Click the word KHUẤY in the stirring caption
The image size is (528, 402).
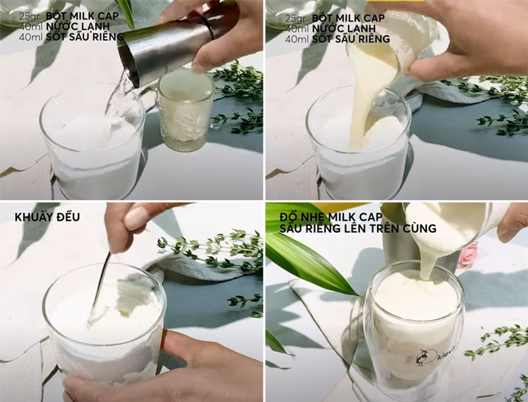pyautogui.click(x=37, y=217)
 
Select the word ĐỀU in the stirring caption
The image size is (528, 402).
pyautogui.click(x=70, y=217)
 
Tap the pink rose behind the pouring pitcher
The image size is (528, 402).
pyautogui.click(x=467, y=255)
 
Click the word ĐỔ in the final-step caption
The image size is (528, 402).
pyautogui.click(x=289, y=216)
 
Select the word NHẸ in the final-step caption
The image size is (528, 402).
pyautogui.click(x=315, y=217)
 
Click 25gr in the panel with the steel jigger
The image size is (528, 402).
pyautogui.click(x=28, y=16)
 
